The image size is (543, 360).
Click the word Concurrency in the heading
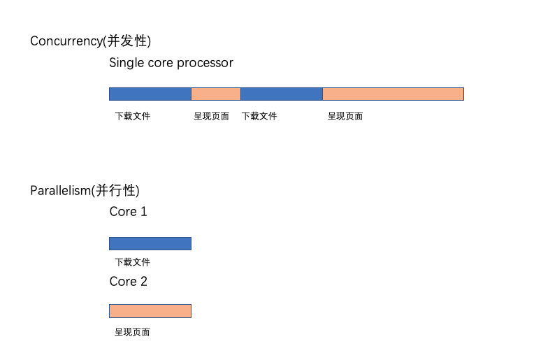click(x=66, y=41)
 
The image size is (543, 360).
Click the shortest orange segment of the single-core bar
click(x=216, y=94)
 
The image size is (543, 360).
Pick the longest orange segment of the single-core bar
click(x=393, y=94)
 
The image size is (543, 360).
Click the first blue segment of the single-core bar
click(x=150, y=94)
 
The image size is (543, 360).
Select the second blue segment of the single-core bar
click(x=282, y=94)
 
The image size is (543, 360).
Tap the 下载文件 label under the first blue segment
click(x=133, y=116)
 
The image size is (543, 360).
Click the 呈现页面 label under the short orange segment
click(x=211, y=116)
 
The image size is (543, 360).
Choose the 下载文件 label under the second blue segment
click(x=259, y=116)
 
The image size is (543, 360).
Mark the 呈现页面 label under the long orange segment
click(x=345, y=116)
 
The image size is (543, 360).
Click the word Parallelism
click(x=61, y=191)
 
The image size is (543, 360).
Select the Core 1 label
click(x=128, y=211)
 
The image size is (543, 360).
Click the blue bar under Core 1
click(x=150, y=243)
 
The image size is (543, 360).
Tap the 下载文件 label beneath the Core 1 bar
click(x=133, y=262)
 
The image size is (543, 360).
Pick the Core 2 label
click(x=128, y=281)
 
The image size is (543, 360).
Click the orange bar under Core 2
click(x=150, y=311)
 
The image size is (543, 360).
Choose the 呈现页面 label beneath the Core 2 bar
click(x=132, y=332)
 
